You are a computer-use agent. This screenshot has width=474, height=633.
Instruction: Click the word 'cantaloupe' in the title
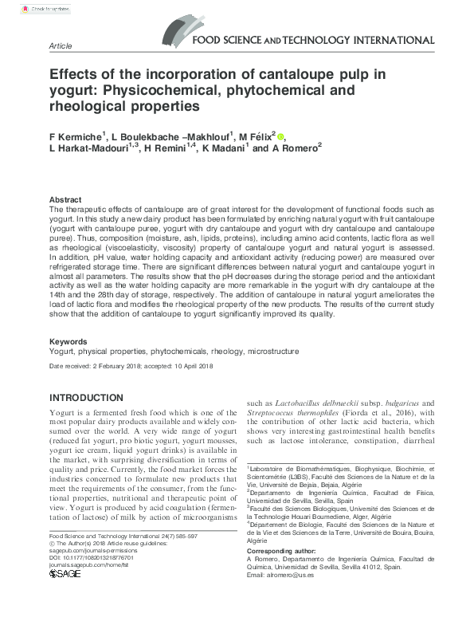tap(302, 75)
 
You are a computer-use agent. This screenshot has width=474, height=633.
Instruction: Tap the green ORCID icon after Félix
tap(280, 136)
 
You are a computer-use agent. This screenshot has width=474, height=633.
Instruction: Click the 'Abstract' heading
tap(65, 199)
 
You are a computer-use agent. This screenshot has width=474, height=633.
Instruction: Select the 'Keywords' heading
tap(69, 340)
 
